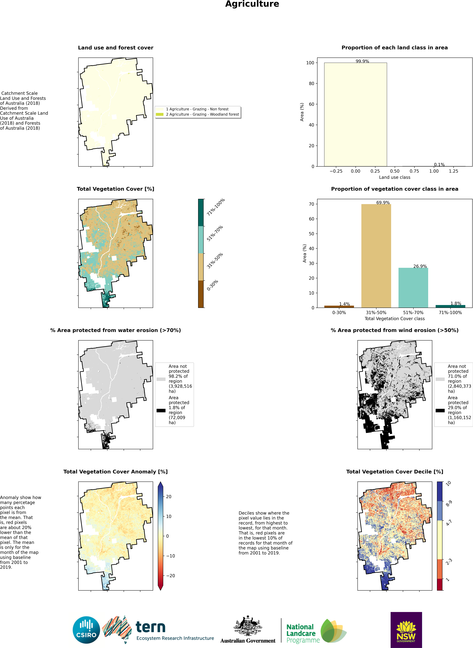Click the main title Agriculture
[252, 4]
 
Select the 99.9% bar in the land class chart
[355, 114]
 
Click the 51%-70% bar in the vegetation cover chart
[413, 288]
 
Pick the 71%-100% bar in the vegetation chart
[450, 306]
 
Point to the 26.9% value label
[420, 266]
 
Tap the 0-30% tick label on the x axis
[339, 313]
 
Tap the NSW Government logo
[406, 630]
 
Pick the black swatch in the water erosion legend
[161, 410]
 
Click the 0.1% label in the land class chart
[439, 165]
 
